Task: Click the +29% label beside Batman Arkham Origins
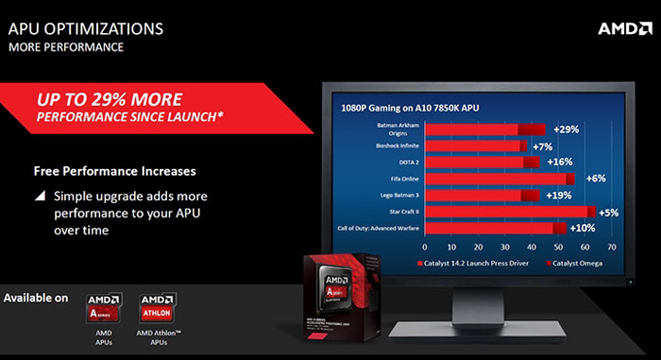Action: pos(567,129)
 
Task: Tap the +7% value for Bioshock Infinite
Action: pos(542,146)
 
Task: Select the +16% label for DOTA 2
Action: pos(560,162)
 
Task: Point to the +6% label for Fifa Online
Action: pos(595,179)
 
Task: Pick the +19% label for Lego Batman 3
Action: pos(561,195)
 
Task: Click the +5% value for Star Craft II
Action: pos(607,213)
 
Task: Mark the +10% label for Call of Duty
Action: pos(582,229)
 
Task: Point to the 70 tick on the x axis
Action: pos(611,247)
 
